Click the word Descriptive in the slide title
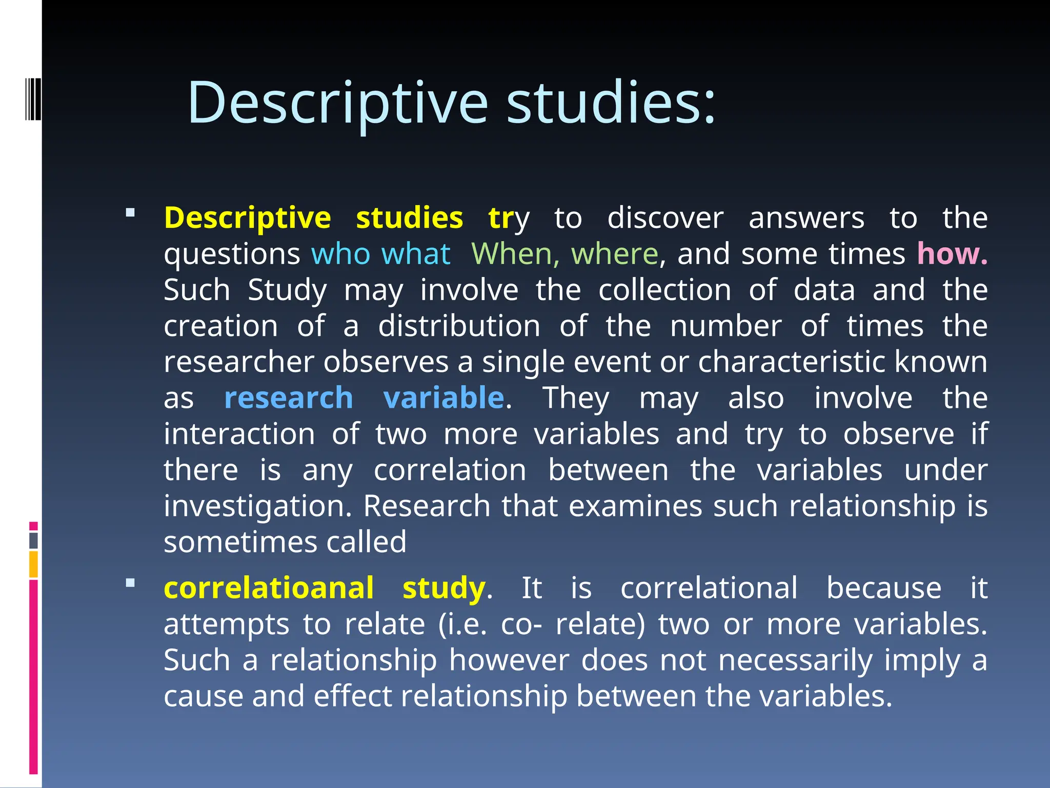(337, 103)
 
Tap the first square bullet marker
(130, 212)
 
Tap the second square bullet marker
(130, 583)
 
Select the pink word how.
(952, 254)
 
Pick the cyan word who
(341, 254)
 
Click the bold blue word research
(289, 398)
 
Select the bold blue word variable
(444, 398)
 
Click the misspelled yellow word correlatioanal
(269, 588)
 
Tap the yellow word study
(443, 588)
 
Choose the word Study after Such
(287, 290)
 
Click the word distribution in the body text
(459, 326)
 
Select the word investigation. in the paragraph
(258, 507)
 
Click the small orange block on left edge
(34, 564)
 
